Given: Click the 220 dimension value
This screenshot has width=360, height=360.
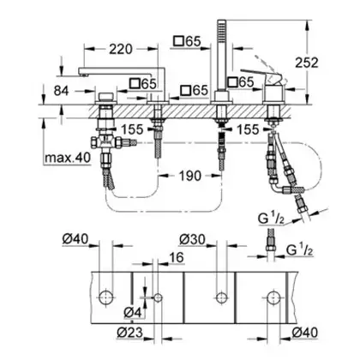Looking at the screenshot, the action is [x=121, y=50].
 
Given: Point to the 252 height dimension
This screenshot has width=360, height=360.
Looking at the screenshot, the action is [x=307, y=63].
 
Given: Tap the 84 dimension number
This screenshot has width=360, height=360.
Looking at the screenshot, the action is [x=62, y=91].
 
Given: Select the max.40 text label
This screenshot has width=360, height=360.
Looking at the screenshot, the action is [x=68, y=157].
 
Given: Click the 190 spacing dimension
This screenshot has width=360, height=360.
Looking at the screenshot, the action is [x=190, y=176].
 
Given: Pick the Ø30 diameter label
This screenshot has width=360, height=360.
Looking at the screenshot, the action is [x=192, y=239].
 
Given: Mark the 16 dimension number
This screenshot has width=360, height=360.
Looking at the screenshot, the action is [x=177, y=257].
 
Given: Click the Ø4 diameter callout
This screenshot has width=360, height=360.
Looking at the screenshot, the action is [x=133, y=313].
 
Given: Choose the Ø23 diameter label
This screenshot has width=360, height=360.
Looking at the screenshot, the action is [x=130, y=332].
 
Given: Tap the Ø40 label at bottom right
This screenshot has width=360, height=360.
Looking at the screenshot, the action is [x=305, y=333].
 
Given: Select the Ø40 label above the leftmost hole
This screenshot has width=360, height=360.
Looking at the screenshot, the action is [x=75, y=239].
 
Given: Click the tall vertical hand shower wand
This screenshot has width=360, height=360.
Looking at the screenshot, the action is [x=221, y=56].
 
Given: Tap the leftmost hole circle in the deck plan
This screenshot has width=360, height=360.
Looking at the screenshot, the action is [x=106, y=298].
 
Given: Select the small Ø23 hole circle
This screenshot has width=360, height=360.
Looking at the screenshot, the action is [x=158, y=297].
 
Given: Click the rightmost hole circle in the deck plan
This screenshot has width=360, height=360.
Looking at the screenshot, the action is [x=274, y=298].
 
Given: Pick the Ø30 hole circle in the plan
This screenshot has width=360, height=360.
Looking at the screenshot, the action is [x=221, y=297].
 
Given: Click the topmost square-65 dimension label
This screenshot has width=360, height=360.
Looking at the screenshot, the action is [x=188, y=42].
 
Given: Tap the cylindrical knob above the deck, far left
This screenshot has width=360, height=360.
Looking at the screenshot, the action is [x=105, y=97].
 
